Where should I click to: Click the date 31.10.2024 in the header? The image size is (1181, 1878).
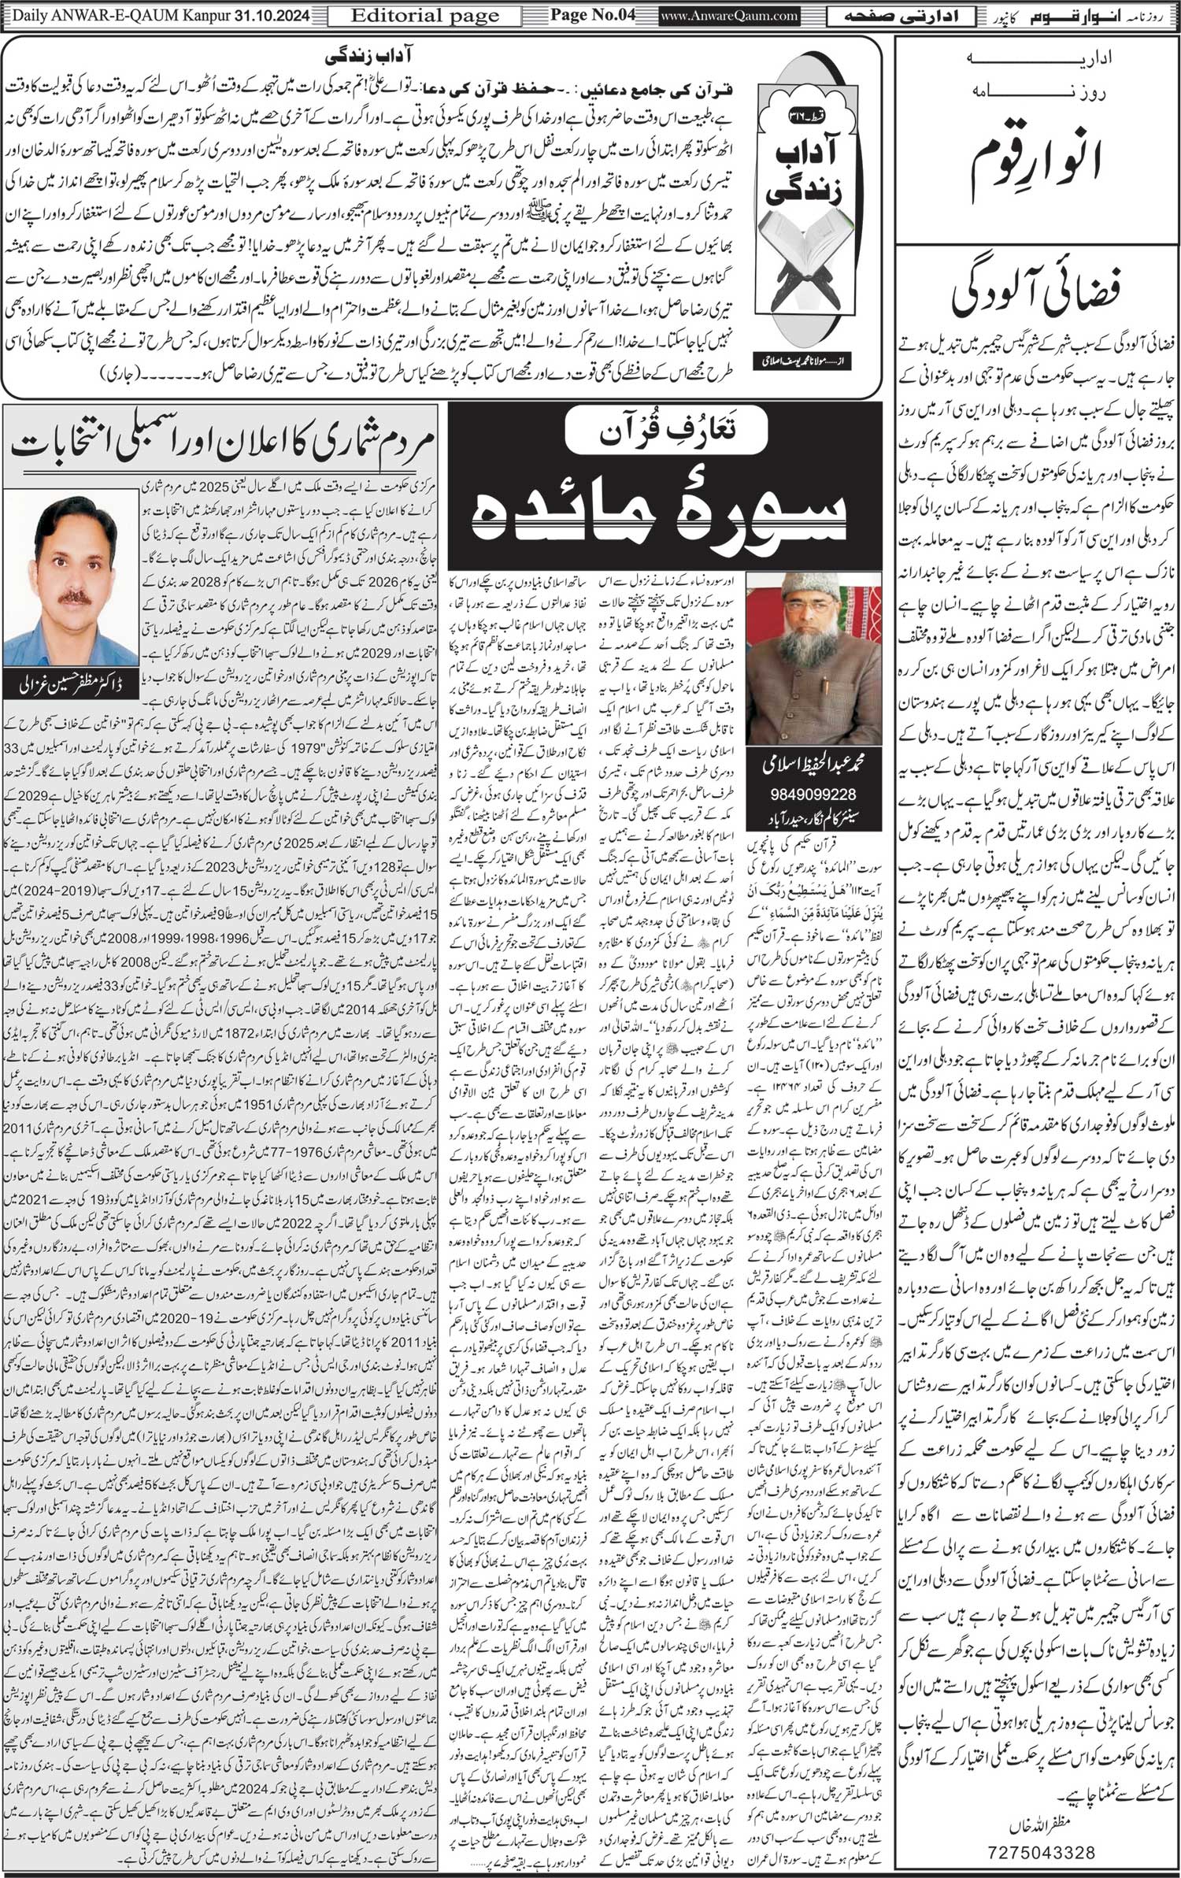(x=272, y=15)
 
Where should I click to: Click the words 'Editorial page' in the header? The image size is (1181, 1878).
(x=425, y=15)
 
